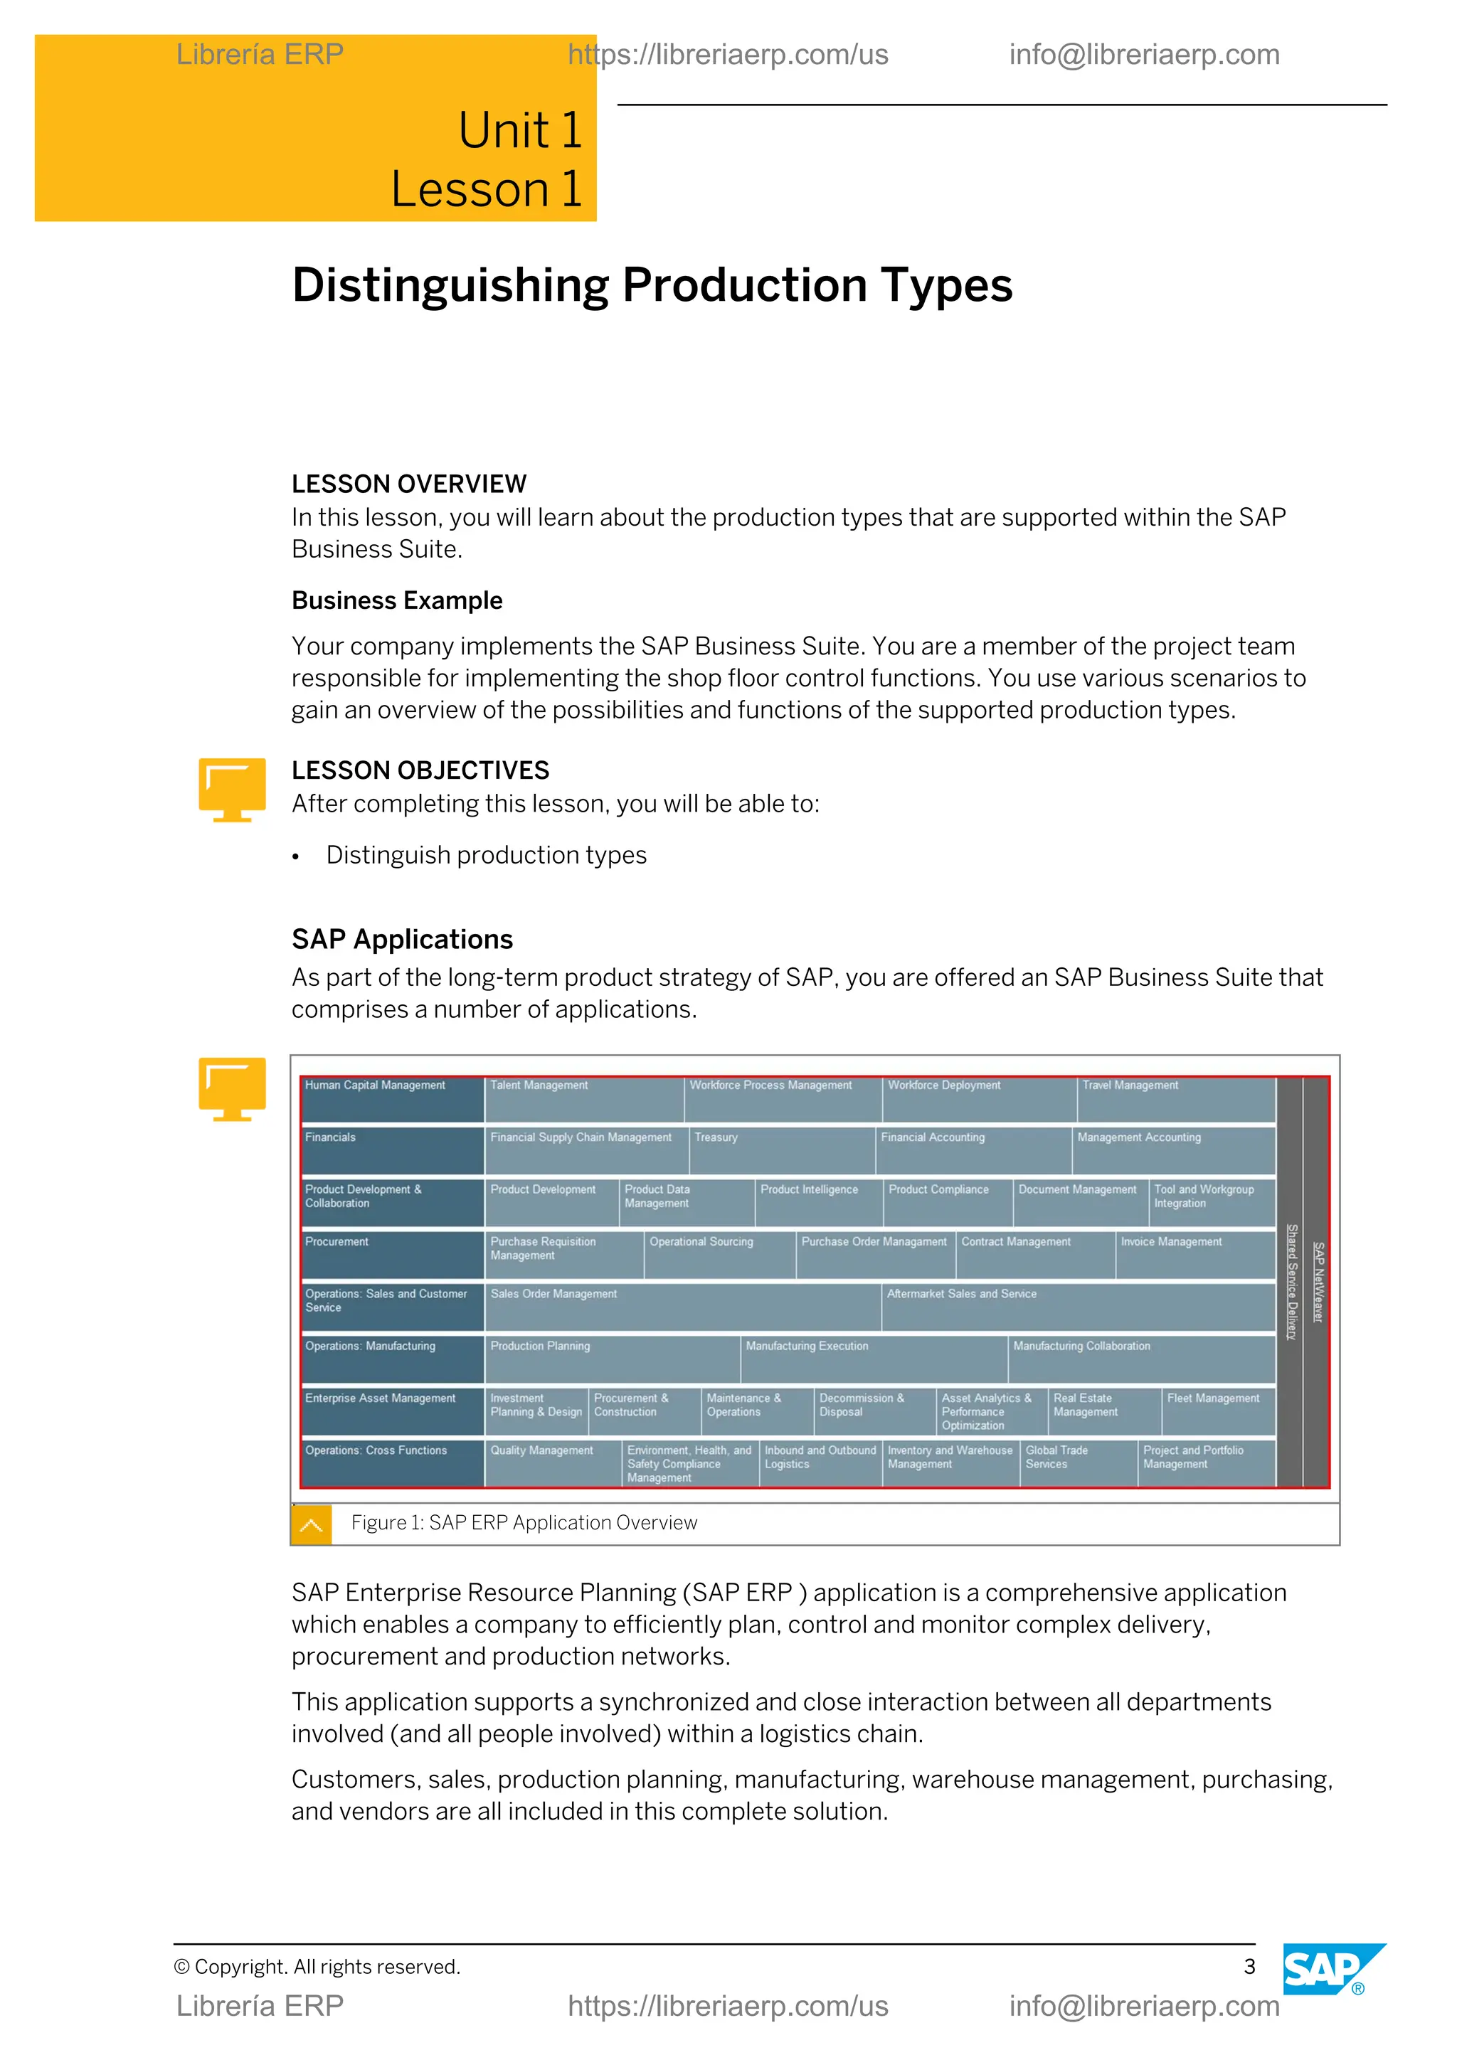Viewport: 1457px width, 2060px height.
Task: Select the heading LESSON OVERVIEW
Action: (408, 484)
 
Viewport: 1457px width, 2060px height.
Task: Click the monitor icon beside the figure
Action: (233, 1088)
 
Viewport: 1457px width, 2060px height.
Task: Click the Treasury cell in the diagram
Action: (780, 1150)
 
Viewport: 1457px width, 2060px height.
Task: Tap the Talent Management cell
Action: (583, 1098)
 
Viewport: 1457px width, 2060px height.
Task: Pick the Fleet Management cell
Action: (1217, 1411)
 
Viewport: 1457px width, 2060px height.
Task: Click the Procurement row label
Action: (392, 1253)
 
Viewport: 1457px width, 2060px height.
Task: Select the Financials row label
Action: (392, 1150)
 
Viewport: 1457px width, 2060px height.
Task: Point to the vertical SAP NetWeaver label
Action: (1317, 1281)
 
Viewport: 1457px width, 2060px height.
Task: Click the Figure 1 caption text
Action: (524, 1522)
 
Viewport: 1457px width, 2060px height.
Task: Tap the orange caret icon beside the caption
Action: (312, 1524)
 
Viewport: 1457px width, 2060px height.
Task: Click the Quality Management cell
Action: (552, 1462)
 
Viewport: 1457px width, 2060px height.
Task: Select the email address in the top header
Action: (1144, 55)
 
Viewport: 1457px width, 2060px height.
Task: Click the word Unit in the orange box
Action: (503, 131)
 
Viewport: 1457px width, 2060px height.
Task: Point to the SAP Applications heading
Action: (402, 940)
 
